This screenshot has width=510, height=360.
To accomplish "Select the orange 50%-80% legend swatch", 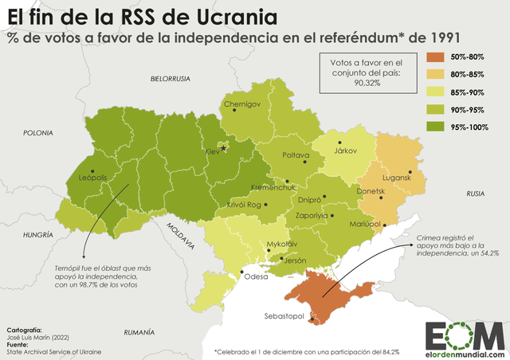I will (438, 57).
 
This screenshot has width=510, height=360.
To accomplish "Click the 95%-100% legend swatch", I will (438, 127).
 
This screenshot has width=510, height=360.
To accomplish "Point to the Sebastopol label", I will (285, 317).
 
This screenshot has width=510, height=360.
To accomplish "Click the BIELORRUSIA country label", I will (171, 79).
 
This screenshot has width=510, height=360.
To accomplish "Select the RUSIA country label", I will (476, 194).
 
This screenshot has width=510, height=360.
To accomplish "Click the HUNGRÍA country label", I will (38, 235).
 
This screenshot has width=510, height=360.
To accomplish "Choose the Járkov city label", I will (345, 151).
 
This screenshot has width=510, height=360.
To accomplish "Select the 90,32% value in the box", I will (361, 81).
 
